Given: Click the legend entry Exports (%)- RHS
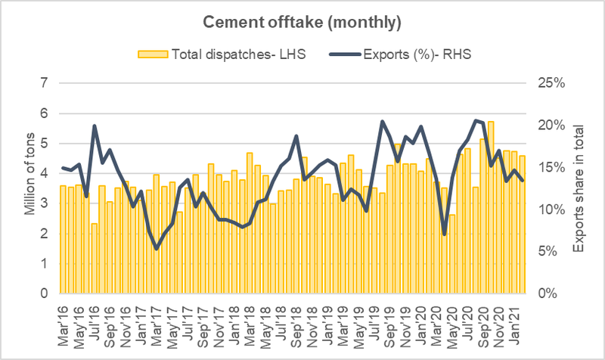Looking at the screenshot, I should (x=407, y=54).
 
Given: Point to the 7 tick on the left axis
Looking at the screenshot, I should (x=43, y=82).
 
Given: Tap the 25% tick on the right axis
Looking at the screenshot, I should (x=551, y=82).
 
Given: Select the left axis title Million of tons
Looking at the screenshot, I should (x=30, y=188).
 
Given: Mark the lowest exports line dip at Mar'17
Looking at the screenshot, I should (x=157, y=248).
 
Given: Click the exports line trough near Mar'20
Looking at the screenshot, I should (x=445, y=234).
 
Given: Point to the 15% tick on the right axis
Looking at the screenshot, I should (x=551, y=167).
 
